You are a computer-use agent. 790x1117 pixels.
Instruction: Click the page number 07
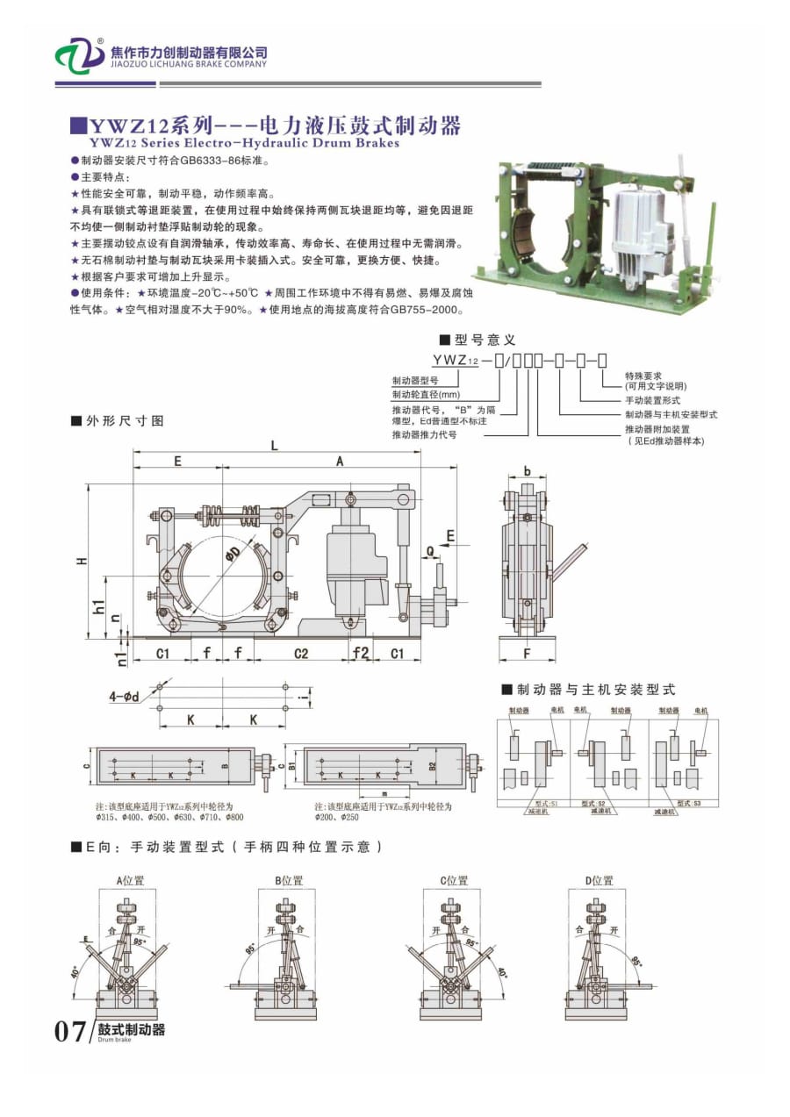(70, 1031)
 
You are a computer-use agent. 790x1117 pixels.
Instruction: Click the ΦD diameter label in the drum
(232, 555)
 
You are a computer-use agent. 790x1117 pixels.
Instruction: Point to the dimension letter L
(275, 446)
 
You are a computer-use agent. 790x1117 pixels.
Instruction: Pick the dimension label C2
(300, 653)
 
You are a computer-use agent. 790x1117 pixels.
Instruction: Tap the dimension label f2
(360, 653)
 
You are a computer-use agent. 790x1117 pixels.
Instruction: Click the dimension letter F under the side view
(527, 653)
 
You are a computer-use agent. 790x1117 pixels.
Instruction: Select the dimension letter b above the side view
(527, 471)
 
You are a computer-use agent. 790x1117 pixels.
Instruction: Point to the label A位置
(130, 880)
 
